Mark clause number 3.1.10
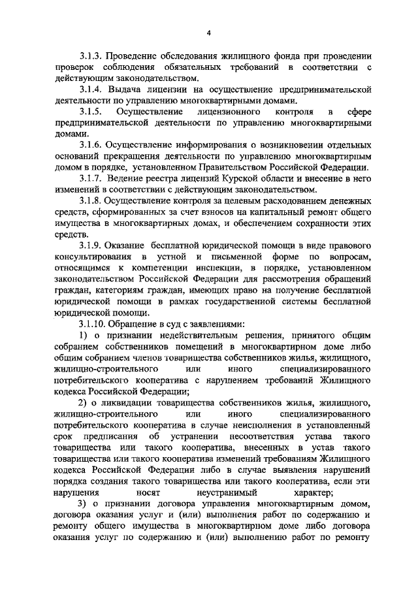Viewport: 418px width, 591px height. tap(91, 324)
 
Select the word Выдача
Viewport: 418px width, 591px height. tap(122, 88)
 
